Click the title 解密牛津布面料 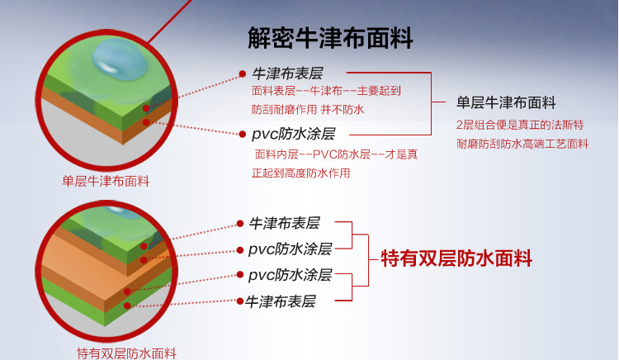330,38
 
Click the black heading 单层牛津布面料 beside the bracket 505,103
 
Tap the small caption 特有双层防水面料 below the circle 125,353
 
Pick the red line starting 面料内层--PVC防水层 336,154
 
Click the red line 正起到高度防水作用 300,173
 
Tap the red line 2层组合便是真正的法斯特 520,125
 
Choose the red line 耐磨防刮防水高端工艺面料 522,144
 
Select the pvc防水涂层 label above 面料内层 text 294,134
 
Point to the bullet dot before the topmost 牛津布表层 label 242,73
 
